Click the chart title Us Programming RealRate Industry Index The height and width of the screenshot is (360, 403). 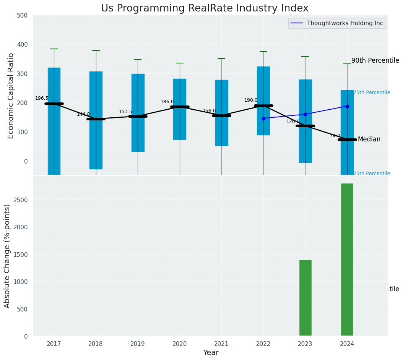pos(205,8)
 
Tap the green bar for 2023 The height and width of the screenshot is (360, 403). pos(305,298)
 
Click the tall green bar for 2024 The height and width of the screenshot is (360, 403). pos(347,259)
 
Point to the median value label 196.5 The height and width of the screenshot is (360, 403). pos(42,98)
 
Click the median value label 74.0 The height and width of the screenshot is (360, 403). pos(335,136)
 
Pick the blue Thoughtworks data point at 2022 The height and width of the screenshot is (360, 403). pos(263,118)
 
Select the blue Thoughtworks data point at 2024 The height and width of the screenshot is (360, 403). pos(347,106)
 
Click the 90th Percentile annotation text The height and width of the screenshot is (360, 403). pos(375,61)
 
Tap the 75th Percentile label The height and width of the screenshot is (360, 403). pos(372,92)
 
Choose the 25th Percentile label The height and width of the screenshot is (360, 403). pos(372,174)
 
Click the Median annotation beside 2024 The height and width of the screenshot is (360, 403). pos(369,139)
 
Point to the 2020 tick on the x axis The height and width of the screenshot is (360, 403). pos(180,344)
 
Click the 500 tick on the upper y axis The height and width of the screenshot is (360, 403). pos(22,16)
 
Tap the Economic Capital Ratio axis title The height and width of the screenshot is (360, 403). pos(11,96)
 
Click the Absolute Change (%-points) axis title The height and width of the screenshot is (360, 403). pos(7,256)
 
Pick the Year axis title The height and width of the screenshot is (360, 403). pos(211,353)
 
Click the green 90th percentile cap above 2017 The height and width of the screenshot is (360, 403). pos(54,49)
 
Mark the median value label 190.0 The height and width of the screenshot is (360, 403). pos(251,100)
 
